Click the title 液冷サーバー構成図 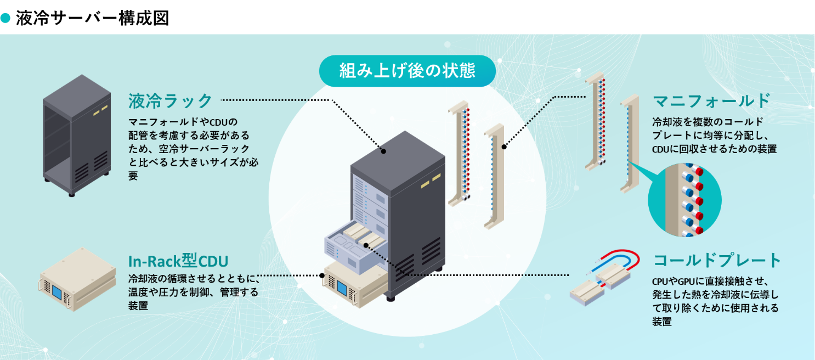tap(92, 18)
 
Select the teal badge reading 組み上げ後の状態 tap(407, 70)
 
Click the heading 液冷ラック tap(170, 101)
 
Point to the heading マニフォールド tap(711, 101)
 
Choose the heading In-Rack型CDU tap(178, 260)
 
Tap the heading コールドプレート tap(717, 260)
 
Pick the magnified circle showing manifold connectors tap(684, 200)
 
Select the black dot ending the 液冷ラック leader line tap(384, 151)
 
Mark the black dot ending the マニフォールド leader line tap(504, 146)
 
